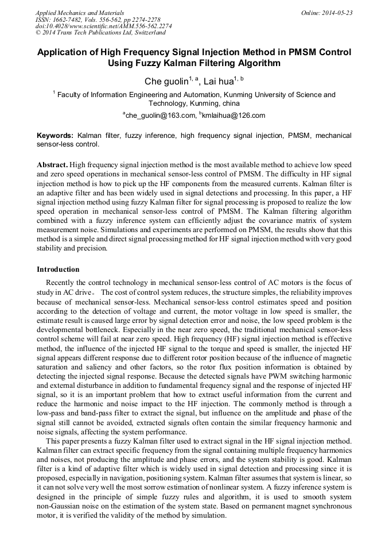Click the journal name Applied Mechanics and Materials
click(79, 13)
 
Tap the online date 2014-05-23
click(336, 13)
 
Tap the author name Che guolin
click(164, 82)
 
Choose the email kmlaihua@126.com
click(234, 115)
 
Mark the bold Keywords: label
click(55, 136)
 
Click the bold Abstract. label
click(52, 164)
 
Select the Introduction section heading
click(58, 269)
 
